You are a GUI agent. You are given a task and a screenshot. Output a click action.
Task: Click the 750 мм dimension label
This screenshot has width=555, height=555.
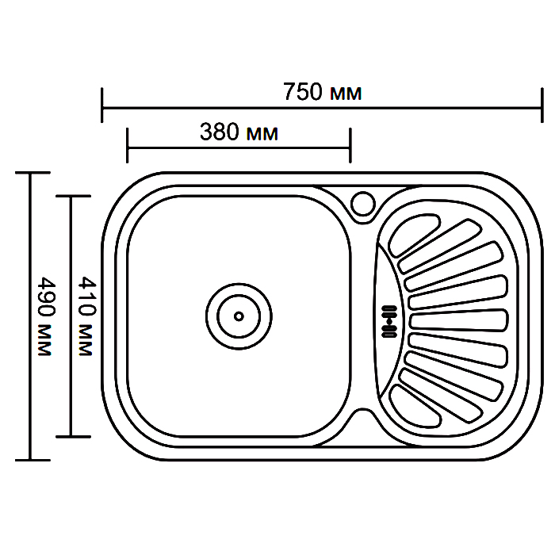pyautogui.click(x=322, y=92)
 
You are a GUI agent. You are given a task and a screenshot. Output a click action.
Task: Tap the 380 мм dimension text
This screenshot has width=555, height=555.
pyautogui.click(x=239, y=132)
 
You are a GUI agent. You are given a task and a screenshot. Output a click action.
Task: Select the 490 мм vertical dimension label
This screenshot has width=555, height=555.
pyautogui.click(x=46, y=316)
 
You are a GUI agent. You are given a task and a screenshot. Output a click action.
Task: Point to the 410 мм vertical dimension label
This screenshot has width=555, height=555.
pyautogui.click(x=86, y=316)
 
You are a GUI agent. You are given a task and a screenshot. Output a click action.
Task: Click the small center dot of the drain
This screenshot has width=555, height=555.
pyautogui.click(x=239, y=316)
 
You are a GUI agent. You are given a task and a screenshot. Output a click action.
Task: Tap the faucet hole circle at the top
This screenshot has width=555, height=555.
pyautogui.click(x=363, y=204)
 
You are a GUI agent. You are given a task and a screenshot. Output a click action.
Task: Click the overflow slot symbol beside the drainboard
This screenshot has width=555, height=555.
pyautogui.click(x=389, y=321)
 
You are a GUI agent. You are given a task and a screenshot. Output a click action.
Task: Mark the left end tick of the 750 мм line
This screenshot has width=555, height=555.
pyautogui.click(x=102, y=105)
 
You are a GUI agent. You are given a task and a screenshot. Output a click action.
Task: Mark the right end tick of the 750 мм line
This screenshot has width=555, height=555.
pyautogui.click(x=542, y=105)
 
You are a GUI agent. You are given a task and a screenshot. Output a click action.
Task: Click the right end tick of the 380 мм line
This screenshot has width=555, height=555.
pyautogui.click(x=350, y=145)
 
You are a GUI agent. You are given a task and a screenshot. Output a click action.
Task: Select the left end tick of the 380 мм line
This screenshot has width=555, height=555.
pyautogui.click(x=127, y=145)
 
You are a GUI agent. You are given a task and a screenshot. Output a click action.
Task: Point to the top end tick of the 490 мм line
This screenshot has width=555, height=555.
pyautogui.click(x=33, y=173)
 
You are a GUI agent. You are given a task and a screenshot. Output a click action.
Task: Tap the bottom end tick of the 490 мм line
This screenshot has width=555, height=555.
pyautogui.click(x=33, y=460)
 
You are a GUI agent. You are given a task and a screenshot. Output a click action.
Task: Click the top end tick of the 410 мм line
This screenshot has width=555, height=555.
pyautogui.click(x=73, y=196)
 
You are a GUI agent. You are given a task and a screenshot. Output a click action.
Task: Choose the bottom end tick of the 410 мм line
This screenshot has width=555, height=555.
pyautogui.click(x=73, y=437)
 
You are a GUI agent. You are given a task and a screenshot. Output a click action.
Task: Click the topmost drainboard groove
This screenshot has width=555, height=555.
pyautogui.click(x=414, y=235)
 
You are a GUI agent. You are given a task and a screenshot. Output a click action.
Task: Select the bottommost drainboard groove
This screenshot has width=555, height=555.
pyautogui.click(x=414, y=407)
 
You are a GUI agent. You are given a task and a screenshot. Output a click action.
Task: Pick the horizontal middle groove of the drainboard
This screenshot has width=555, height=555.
pyautogui.click(x=459, y=320)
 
